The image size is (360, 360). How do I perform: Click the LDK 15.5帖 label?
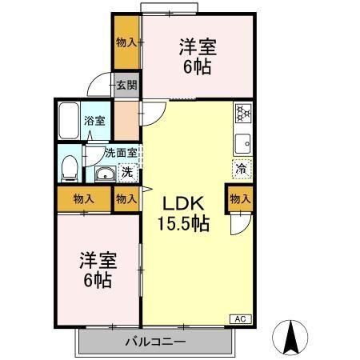click(x=186, y=213)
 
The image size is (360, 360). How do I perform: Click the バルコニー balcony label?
click(x=156, y=343)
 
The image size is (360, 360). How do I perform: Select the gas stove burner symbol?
click(x=242, y=113)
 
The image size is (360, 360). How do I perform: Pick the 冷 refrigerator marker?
click(x=241, y=169)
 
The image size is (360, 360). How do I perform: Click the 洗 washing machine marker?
click(x=126, y=172)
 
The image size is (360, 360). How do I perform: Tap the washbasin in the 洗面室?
click(x=102, y=176)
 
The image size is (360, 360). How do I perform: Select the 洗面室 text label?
click(x=110, y=153)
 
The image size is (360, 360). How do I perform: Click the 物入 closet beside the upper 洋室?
click(x=126, y=42)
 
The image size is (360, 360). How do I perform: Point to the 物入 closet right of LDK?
click(x=240, y=198)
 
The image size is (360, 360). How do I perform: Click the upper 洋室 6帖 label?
click(x=196, y=56)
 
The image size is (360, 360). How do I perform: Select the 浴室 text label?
click(x=94, y=121)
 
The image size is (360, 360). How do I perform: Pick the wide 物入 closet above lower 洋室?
click(x=83, y=198)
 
